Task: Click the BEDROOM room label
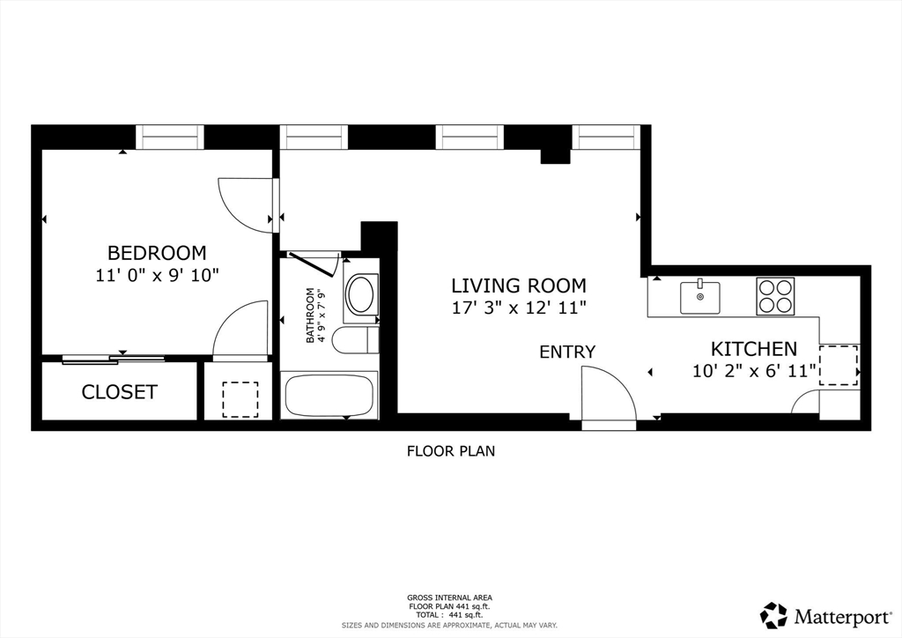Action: click(x=157, y=253)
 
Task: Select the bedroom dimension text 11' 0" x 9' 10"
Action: click(x=157, y=275)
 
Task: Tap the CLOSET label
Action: click(x=119, y=392)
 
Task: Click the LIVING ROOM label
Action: click(x=518, y=286)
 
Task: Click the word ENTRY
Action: click(x=567, y=352)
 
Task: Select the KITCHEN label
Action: click(x=753, y=349)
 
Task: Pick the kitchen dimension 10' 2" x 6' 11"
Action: click(x=754, y=371)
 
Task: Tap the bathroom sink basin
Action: click(x=361, y=295)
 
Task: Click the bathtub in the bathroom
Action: click(x=329, y=395)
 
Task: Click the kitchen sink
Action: click(x=699, y=297)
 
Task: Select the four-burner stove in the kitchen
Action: click(x=775, y=296)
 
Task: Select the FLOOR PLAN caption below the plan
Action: click(x=450, y=451)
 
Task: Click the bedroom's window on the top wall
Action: click(x=170, y=137)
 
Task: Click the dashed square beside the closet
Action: click(x=240, y=399)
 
